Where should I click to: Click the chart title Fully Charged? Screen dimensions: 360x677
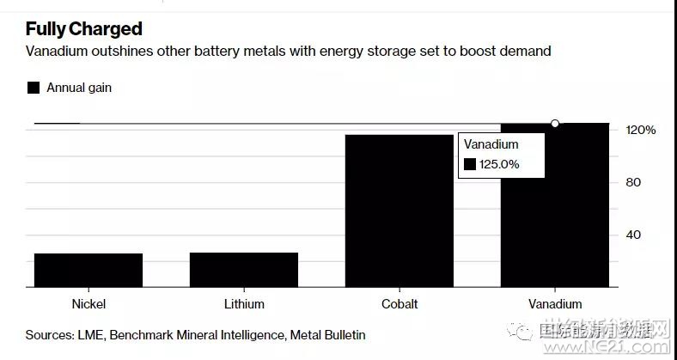[x=83, y=30]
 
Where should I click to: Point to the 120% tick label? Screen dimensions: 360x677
[x=640, y=130]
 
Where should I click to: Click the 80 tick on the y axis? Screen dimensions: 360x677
[x=633, y=182]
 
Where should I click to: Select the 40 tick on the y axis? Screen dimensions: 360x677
[x=633, y=235]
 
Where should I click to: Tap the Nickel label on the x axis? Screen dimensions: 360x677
[x=89, y=304]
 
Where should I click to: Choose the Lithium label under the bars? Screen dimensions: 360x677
[x=244, y=304]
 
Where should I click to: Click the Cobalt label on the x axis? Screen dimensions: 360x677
[x=399, y=304]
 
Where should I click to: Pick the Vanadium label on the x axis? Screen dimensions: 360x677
[x=555, y=304]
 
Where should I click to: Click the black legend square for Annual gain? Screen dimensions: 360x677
[x=34, y=88]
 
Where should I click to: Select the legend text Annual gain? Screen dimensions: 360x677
[x=79, y=88]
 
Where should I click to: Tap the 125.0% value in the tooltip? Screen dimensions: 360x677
[x=498, y=164]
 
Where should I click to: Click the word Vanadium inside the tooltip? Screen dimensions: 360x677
[x=491, y=145]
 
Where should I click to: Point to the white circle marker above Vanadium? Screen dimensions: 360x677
[x=555, y=124]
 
